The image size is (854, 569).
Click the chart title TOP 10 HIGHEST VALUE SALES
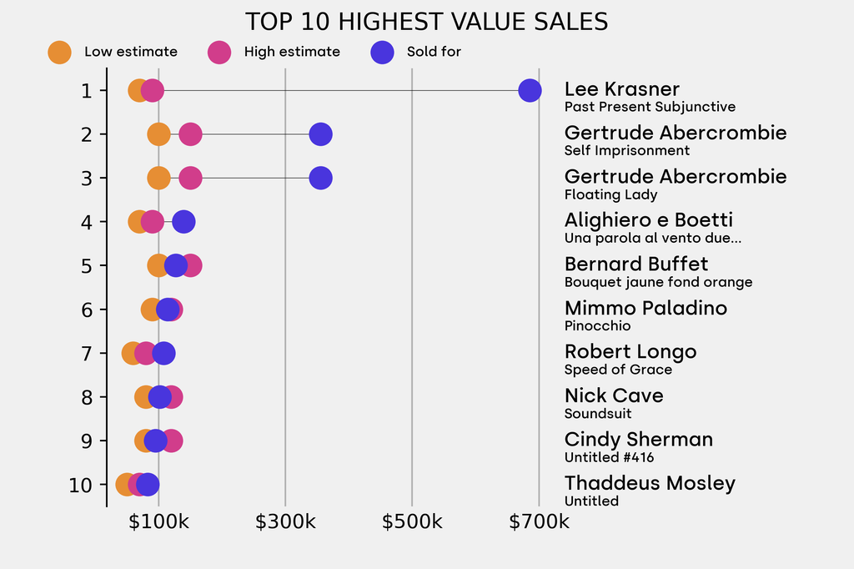[426, 22]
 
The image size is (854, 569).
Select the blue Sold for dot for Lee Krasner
[529, 90]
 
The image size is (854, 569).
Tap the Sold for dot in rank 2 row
[320, 134]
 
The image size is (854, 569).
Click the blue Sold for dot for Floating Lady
[320, 178]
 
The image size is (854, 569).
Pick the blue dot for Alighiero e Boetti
[183, 222]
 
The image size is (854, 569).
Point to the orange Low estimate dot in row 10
[126, 485]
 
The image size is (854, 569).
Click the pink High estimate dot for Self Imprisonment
[190, 134]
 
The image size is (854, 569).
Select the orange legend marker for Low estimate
[59, 52]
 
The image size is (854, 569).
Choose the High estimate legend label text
[292, 52]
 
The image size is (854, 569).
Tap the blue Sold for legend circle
[381, 52]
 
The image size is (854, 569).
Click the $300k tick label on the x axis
[285, 522]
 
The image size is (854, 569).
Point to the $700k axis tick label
[539, 522]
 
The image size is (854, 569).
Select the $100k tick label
[158, 522]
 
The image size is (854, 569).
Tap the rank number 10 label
[81, 485]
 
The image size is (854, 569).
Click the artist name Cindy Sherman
[638, 440]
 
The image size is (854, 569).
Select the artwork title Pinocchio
[597, 326]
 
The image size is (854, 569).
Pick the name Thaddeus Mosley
[650, 483]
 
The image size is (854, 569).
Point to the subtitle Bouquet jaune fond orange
[658, 282]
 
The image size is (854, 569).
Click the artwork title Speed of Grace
[618, 370]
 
